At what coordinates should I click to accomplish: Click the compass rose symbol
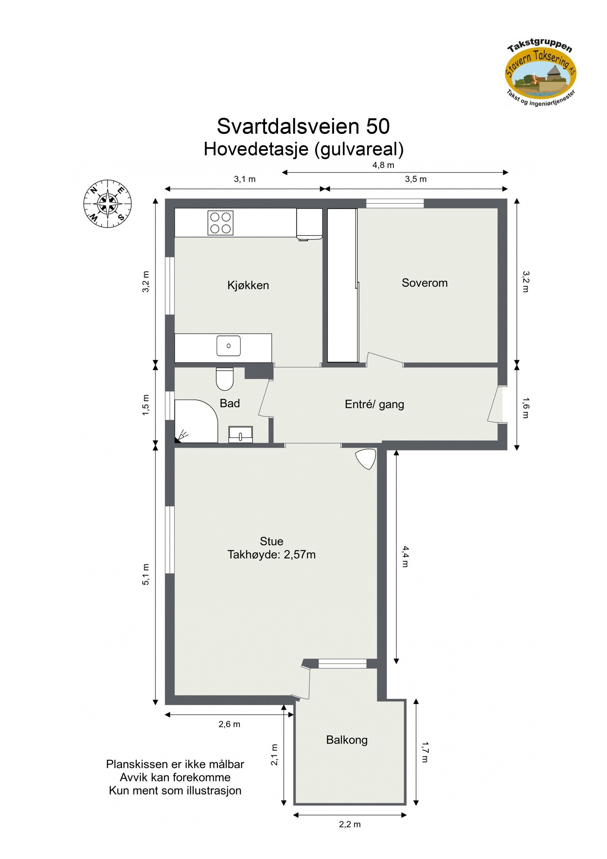point(108,204)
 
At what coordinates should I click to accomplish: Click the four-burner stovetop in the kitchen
point(220,223)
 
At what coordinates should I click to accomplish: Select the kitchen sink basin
point(228,346)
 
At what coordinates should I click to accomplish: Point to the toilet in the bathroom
point(225,379)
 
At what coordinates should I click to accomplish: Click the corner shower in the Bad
point(195,421)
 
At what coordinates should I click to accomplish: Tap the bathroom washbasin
point(241,434)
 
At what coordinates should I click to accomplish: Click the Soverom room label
point(425,283)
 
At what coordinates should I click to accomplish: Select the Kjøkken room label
point(248,285)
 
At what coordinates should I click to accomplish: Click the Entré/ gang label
point(374,405)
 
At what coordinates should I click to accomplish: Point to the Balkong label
point(347,740)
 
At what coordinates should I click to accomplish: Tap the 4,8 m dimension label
point(383,165)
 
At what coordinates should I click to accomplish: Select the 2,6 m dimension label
point(229,724)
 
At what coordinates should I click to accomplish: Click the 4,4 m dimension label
point(405,556)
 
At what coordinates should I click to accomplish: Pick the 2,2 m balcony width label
point(350,824)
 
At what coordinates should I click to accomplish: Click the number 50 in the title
point(377,126)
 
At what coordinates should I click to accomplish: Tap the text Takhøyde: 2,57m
point(271,555)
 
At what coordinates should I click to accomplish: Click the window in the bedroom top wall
point(395,203)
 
